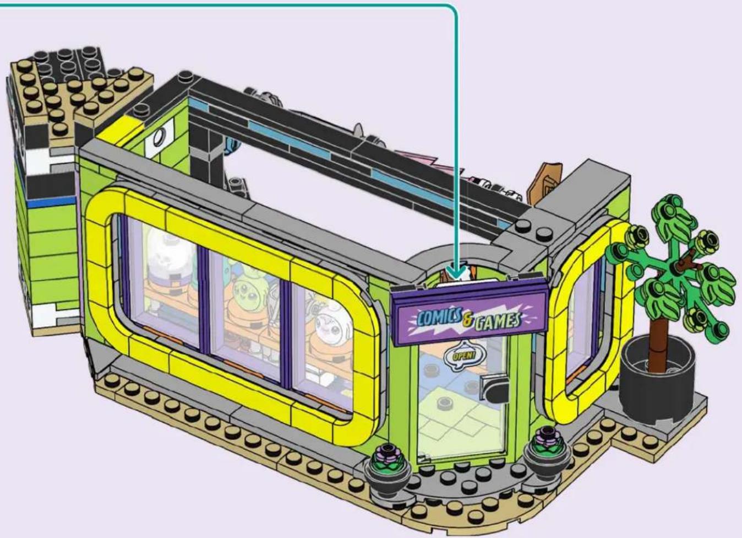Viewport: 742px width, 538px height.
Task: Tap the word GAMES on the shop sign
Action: (x=498, y=321)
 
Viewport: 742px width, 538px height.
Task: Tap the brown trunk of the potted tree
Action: (x=658, y=342)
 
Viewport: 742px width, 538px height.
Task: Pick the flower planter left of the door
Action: (x=386, y=467)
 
